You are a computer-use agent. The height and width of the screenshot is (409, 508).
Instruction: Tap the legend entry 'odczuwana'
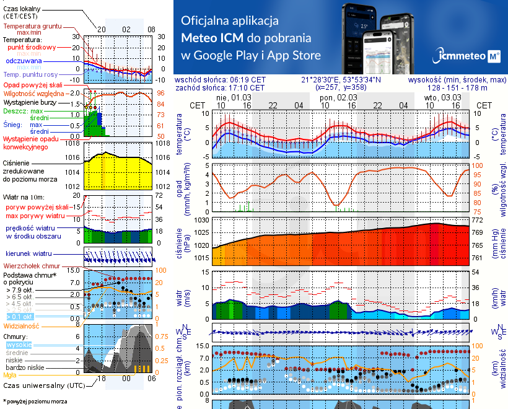click(x=24, y=61)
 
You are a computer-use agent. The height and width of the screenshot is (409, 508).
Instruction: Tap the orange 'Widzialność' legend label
click(x=22, y=325)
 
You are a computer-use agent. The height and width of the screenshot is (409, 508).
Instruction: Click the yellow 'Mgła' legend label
click(x=10, y=375)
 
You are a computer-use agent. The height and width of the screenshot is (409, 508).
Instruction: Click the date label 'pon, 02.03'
click(x=338, y=97)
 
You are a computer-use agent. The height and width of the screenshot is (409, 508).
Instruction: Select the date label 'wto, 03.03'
click(x=442, y=97)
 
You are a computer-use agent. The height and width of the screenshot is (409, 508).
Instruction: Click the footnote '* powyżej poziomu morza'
click(x=33, y=402)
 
